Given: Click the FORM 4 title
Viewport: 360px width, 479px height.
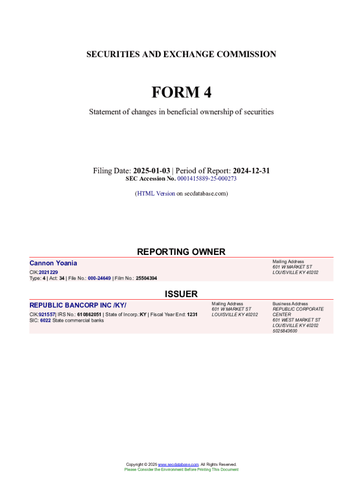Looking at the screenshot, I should tap(181, 93).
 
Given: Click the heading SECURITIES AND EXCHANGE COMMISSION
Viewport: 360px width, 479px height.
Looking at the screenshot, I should tap(181, 54).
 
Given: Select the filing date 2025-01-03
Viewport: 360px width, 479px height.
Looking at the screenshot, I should tap(151, 171).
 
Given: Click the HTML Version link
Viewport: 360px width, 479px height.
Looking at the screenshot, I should tap(156, 193).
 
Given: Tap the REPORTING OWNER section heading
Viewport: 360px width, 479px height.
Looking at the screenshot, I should tap(181, 252).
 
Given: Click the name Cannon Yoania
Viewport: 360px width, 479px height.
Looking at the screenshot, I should tap(53, 263).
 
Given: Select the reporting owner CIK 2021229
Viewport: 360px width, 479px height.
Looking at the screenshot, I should tap(48, 272).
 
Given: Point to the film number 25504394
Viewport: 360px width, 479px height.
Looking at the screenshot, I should tap(146, 278).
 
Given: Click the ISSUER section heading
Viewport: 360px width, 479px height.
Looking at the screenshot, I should tap(181, 294).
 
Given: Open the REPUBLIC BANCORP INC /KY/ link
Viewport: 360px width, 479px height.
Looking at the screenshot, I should tap(78, 305).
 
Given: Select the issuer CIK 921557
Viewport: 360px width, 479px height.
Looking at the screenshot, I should tap(47, 314).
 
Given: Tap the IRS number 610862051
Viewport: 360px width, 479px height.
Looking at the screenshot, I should tap(89, 314).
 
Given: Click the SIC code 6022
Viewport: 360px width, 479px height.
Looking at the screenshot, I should tap(45, 320).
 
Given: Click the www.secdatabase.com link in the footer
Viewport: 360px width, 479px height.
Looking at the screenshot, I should tap(179, 464).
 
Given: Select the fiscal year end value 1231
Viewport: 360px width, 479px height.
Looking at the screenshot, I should tap(192, 314).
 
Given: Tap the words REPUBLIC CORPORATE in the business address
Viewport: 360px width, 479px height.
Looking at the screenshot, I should tap(298, 309).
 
